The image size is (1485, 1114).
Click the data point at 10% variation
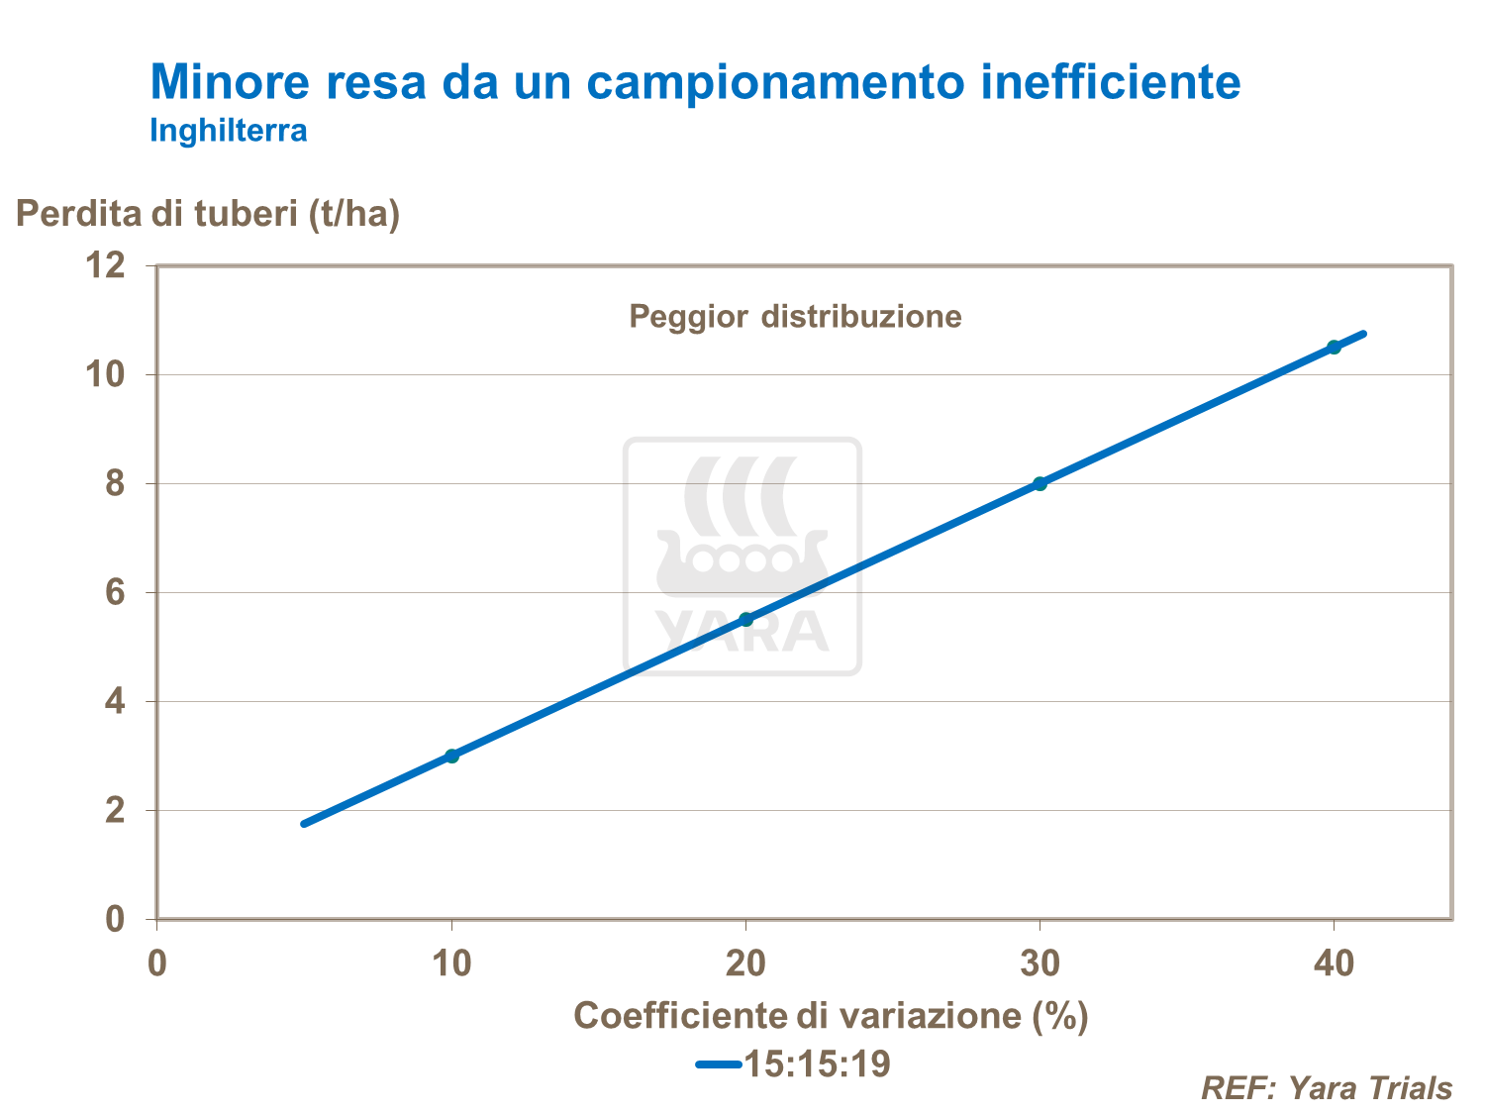[452, 756]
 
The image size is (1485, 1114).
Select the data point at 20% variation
[746, 619]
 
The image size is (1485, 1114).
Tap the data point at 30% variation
[1039, 483]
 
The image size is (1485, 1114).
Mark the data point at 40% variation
[1334, 347]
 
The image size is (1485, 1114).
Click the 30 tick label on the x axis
[1039, 963]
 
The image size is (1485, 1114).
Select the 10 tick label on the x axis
[452, 963]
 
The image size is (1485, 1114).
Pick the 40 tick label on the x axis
[1334, 963]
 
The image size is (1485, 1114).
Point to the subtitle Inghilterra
[229, 131]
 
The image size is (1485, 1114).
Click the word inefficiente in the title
[1111, 82]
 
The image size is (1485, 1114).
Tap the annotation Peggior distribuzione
[795, 317]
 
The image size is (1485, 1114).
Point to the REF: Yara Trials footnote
[1327, 1088]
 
